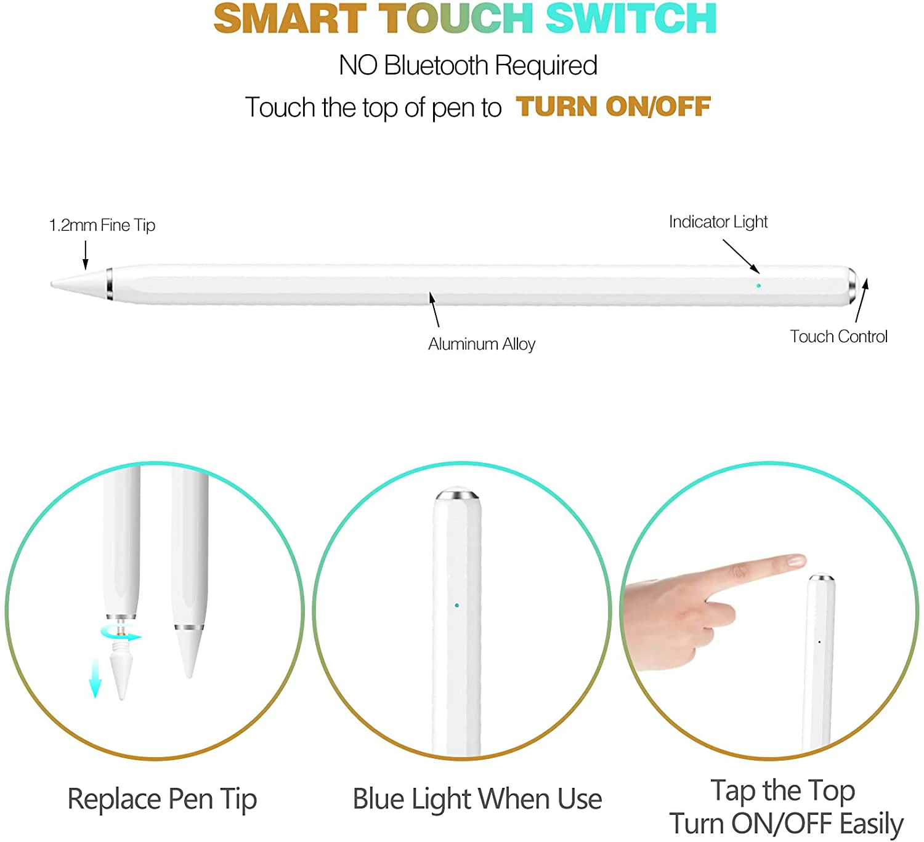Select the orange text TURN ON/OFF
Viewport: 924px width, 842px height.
pyautogui.click(x=613, y=106)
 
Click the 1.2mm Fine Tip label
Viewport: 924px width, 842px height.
pyautogui.click(x=102, y=225)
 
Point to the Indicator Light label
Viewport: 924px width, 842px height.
pyautogui.click(x=718, y=222)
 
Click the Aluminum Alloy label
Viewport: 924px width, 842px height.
pyautogui.click(x=482, y=343)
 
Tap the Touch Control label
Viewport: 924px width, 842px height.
pyautogui.click(x=838, y=336)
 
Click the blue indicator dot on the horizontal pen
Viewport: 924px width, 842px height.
pyautogui.click(x=758, y=286)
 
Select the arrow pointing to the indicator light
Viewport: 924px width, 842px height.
pyautogui.click(x=741, y=256)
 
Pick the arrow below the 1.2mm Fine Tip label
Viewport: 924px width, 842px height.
pyautogui.click(x=86, y=255)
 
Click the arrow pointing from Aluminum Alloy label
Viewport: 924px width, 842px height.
pyautogui.click(x=434, y=310)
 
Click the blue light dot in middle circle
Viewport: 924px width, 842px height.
pyautogui.click(x=456, y=605)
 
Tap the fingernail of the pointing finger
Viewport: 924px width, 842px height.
pyautogui.click(x=795, y=561)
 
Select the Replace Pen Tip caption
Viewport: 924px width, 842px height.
pyautogui.click(x=162, y=799)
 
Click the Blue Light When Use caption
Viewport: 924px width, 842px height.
pyautogui.click(x=477, y=799)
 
